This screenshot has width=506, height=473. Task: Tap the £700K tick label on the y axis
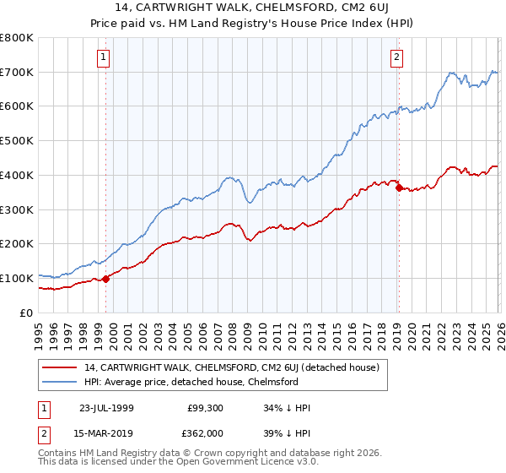tap(17, 72)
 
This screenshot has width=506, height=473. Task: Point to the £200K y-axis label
tap(17, 243)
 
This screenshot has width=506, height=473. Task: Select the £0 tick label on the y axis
tap(25, 313)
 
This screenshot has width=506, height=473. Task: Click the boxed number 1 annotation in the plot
tap(103, 57)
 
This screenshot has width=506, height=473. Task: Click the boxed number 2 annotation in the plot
tap(396, 57)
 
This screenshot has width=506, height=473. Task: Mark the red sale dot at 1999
tap(106, 279)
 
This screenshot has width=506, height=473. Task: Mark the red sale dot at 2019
tap(399, 188)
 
